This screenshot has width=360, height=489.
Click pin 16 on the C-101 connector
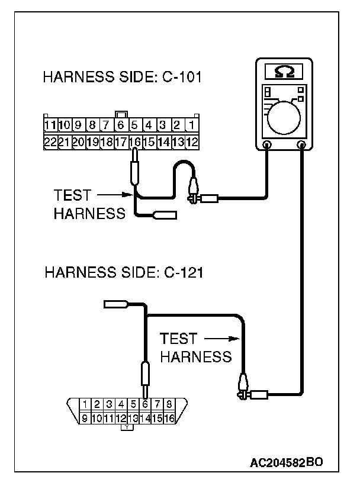point(135,142)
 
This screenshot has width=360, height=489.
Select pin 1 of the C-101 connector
point(192,126)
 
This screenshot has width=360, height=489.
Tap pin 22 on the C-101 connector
point(50,142)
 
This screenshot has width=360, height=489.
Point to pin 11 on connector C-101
point(50,126)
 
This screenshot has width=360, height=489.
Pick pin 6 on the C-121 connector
point(145,405)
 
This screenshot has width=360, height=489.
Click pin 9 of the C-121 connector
point(85,418)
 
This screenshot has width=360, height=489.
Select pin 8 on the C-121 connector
point(170,405)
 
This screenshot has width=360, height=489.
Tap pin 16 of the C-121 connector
point(170,418)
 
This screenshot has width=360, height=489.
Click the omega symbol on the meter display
point(283,72)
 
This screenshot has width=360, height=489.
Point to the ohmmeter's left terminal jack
point(267,144)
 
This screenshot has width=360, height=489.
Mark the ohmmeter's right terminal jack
point(301,144)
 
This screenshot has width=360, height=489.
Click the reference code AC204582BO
point(286,462)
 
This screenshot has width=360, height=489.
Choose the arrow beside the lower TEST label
point(221,339)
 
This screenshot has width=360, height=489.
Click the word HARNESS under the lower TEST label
point(195,357)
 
